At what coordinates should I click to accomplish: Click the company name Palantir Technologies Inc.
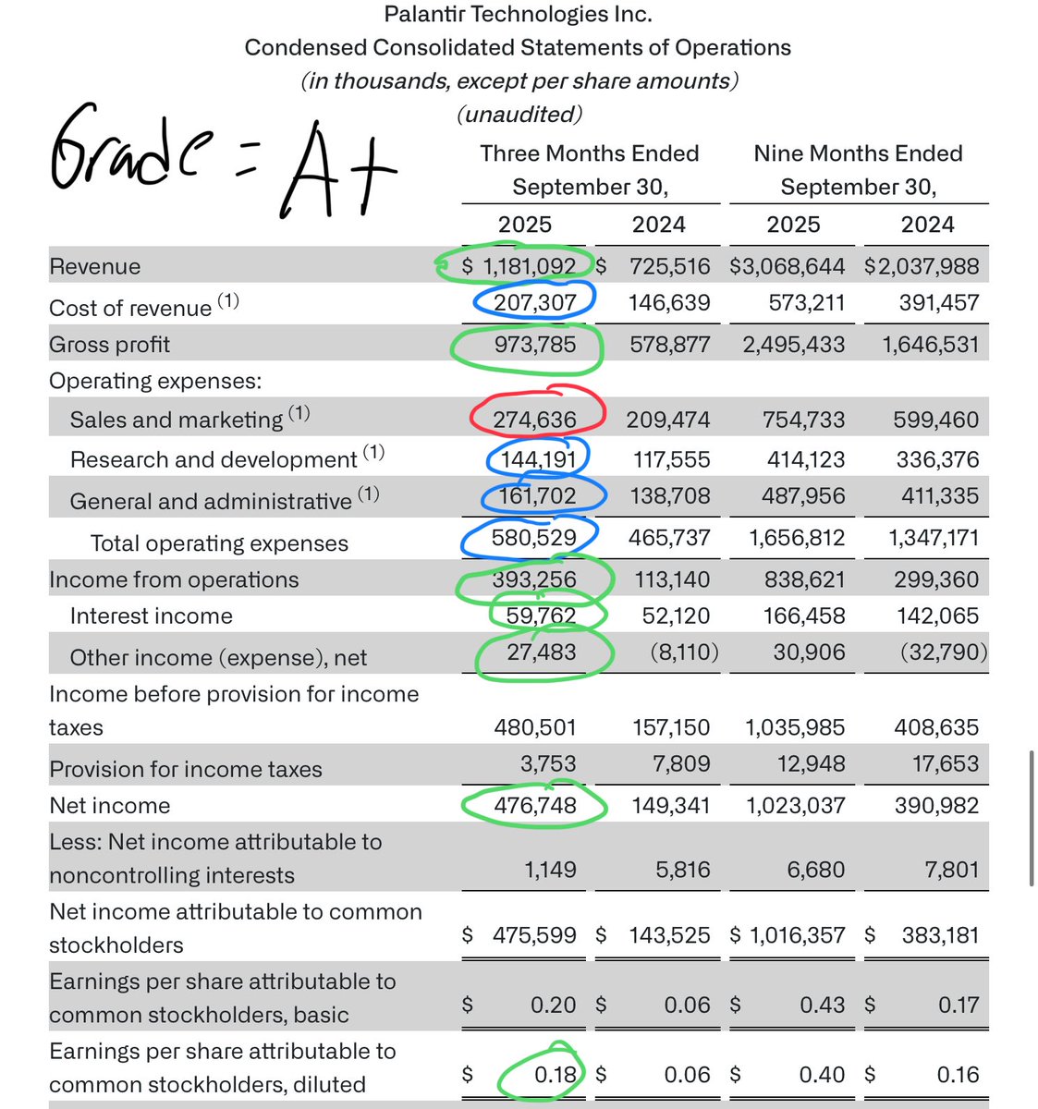point(518,15)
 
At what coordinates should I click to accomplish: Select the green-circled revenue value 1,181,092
point(529,266)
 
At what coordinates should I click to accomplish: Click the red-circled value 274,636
point(534,420)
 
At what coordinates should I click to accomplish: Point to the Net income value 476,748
point(534,805)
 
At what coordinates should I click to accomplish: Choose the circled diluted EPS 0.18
point(555,1075)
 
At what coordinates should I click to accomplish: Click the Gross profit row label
point(109,345)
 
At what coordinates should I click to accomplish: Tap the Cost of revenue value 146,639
point(670,302)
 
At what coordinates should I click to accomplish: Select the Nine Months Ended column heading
point(858,153)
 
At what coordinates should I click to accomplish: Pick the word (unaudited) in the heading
point(519,114)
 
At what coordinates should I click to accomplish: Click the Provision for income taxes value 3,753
point(549,764)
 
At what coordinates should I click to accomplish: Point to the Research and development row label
point(213,459)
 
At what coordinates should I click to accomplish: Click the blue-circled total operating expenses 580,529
point(534,538)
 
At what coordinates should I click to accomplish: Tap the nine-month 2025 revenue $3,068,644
point(787,266)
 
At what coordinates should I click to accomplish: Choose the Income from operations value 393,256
point(534,579)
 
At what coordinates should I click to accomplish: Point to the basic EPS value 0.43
point(822,1005)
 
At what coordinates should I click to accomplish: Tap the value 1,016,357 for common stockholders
point(795,935)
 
